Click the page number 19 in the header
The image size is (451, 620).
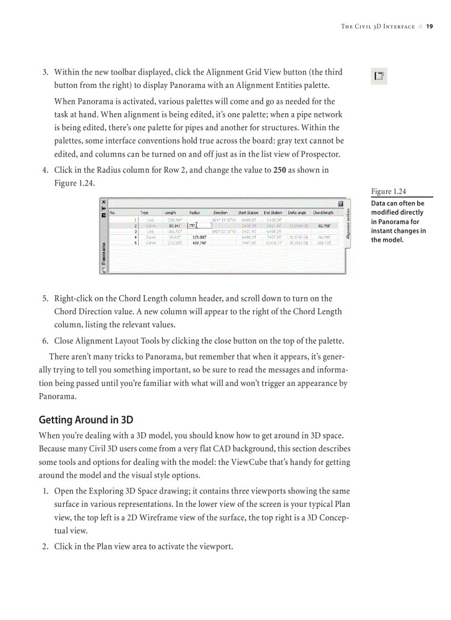[x=429, y=27]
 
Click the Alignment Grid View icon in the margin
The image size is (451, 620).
[x=379, y=77]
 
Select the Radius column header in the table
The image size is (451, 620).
[x=195, y=212]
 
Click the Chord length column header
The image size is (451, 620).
[x=323, y=212]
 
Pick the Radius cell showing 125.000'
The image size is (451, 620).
[x=199, y=237]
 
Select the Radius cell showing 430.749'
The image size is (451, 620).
[x=199, y=243]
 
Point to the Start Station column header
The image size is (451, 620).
[x=248, y=212]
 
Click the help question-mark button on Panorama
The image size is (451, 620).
[x=341, y=204]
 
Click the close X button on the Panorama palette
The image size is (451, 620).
[x=104, y=202]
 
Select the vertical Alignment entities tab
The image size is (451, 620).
[x=348, y=224]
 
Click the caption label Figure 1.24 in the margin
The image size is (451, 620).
[x=388, y=192]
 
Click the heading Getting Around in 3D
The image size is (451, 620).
[x=86, y=420]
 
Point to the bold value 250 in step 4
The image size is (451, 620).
[x=280, y=170]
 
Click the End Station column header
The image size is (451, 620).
[x=273, y=212]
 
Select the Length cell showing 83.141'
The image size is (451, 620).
[x=175, y=225]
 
